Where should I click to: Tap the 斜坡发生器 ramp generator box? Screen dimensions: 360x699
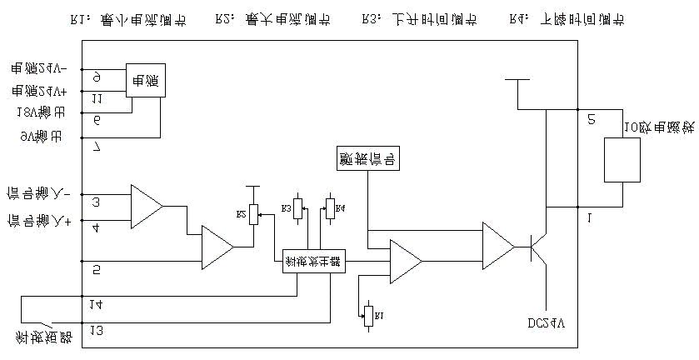pos(313,260)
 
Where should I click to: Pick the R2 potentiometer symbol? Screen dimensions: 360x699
pos(254,214)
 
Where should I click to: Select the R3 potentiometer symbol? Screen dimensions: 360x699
pos(298,207)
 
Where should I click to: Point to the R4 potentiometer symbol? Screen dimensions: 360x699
pos(329,207)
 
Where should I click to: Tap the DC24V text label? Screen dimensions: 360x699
pos(546,322)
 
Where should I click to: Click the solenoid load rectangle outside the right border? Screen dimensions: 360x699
pos(622,159)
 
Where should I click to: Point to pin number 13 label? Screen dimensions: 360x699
pos(97,332)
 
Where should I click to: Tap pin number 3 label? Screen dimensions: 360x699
pos(97,202)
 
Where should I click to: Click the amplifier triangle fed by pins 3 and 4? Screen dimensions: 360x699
pos(146,205)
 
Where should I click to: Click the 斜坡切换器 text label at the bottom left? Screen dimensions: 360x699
pos(43,337)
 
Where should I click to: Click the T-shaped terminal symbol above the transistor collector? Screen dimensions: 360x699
pos(518,82)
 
